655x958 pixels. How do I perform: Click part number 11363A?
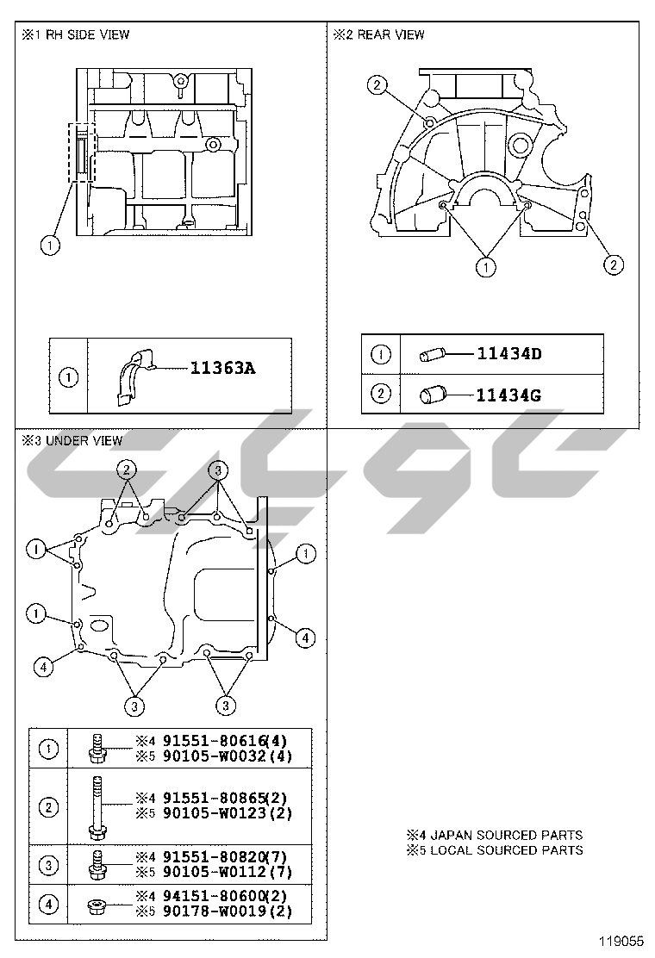pos(222,368)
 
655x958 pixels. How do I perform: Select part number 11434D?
pos(509,353)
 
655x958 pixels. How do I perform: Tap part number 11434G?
pos(508,395)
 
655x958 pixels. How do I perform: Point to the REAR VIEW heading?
pos(390,34)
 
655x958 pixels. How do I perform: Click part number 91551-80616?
pos(215,741)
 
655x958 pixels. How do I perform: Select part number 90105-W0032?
pos(215,756)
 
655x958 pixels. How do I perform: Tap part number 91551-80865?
pos(215,798)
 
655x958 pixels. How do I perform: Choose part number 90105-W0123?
pos(215,813)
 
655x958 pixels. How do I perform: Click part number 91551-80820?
pos(215,856)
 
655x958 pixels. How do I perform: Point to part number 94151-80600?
pos(215,896)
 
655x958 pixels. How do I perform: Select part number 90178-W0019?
pos(215,912)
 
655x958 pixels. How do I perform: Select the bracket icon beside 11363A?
pos(134,377)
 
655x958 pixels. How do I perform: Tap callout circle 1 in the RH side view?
pos(50,246)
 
